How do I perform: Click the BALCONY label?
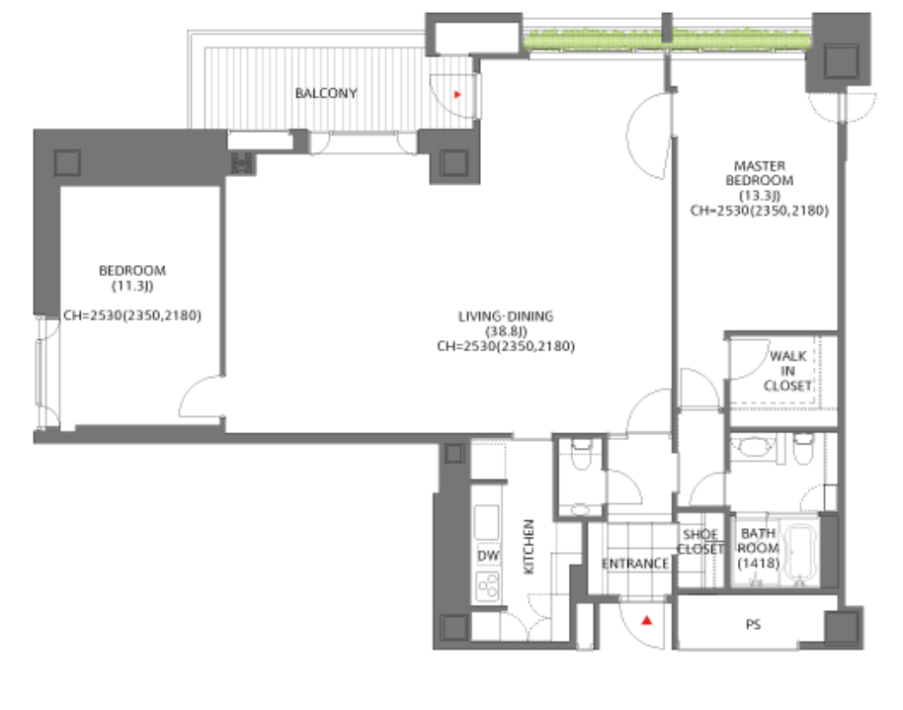point(326,93)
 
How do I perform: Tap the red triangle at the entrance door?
point(647,621)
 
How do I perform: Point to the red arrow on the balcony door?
point(457,95)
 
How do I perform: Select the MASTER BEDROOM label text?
point(759,173)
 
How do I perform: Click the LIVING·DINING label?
point(506,316)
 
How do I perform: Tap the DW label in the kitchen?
point(488,556)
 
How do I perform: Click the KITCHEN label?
point(529,547)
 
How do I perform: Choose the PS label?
point(753,624)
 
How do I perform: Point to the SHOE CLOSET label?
point(700,542)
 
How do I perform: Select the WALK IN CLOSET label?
point(787,371)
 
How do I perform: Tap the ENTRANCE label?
point(635,564)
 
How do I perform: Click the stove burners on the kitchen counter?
point(487,587)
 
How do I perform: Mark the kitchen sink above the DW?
point(487,522)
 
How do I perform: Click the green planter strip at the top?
point(667,41)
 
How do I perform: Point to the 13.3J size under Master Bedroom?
point(759,196)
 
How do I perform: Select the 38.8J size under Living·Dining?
point(506,331)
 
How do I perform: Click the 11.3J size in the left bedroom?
point(132,286)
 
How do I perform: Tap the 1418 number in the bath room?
point(759,563)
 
